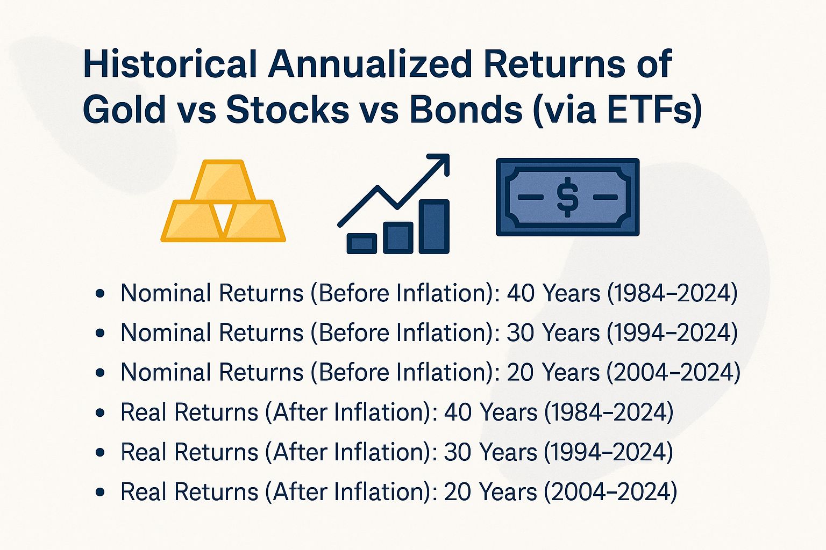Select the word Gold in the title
[124, 110]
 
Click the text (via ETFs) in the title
[617, 110]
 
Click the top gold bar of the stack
[223, 181]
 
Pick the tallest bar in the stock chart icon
[434, 226]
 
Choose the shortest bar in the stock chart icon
[361, 243]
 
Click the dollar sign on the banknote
[567, 197]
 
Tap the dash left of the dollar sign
[530, 197]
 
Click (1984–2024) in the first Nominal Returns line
[672, 293]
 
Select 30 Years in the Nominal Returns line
[553, 333]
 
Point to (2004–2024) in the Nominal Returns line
[673, 373]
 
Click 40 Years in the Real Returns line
[490, 412]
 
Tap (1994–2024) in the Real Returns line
[608, 452]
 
